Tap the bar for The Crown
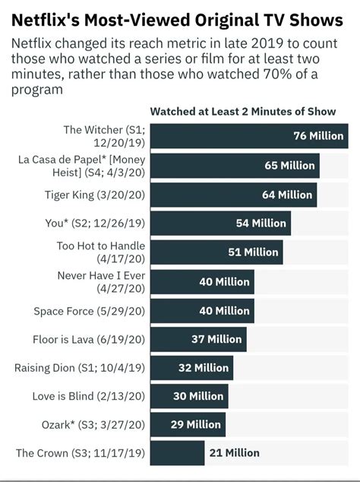[x=178, y=453]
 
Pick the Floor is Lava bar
[x=199, y=339]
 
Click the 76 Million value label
[x=317, y=136]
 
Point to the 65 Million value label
[x=289, y=165]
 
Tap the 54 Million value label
[x=261, y=224]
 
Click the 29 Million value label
[x=195, y=424]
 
